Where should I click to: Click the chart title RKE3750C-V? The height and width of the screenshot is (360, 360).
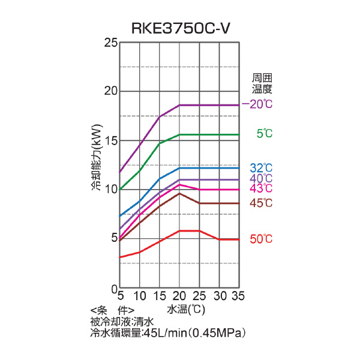click(x=181, y=28)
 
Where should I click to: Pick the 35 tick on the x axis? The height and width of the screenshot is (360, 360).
click(x=239, y=296)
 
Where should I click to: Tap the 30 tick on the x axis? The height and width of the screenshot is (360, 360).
click(x=220, y=296)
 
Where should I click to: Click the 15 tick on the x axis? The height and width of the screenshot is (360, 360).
click(x=160, y=296)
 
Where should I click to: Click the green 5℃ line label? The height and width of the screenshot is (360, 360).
click(x=264, y=134)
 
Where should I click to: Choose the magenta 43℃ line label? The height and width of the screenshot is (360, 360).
click(x=261, y=188)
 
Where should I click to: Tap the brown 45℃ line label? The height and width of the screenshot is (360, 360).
click(x=261, y=203)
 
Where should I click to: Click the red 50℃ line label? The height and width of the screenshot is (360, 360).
click(x=261, y=239)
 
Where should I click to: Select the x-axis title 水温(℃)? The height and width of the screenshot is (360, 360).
click(x=187, y=310)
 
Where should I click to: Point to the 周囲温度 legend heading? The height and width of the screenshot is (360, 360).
click(x=262, y=83)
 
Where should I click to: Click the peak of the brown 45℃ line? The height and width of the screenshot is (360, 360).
click(x=179, y=193)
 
